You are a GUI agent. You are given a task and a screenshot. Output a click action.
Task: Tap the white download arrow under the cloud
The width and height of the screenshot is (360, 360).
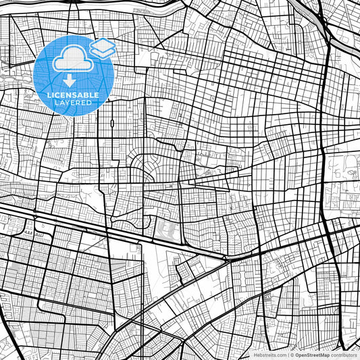pyautogui.click(x=70, y=80)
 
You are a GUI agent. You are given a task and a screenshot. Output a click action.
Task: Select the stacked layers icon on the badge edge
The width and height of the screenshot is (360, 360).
pyautogui.click(x=103, y=47)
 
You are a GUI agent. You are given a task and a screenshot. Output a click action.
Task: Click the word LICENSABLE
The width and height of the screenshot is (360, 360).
pyautogui.click(x=72, y=95)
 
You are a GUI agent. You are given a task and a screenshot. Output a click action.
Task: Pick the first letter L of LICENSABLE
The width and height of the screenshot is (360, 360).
pyautogui.click(x=49, y=95)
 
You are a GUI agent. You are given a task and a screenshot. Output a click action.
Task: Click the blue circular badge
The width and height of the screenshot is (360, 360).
pyautogui.click(x=72, y=74)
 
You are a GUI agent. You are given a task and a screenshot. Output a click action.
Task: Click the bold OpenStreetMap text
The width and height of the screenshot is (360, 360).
pyautogui.click(x=310, y=354)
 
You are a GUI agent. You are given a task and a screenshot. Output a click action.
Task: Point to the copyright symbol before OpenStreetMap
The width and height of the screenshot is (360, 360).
pyautogui.click(x=292, y=354)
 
